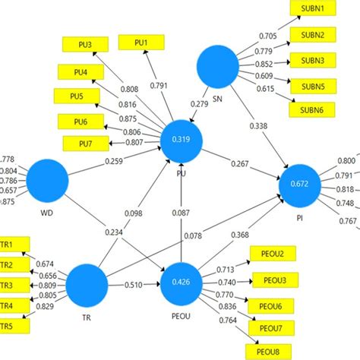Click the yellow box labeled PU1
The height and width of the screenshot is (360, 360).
[142, 43]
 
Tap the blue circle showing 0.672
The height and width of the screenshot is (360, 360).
[302, 184]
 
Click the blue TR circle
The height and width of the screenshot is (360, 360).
[86, 286]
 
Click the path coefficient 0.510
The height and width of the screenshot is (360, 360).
[134, 286]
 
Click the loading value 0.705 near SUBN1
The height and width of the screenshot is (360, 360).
[268, 36]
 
